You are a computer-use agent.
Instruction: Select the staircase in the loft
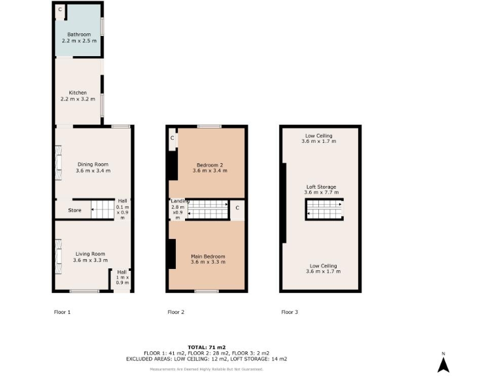(x=325, y=210)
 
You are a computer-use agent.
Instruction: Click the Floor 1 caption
(x=61, y=312)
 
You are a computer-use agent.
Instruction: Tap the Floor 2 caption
(x=176, y=312)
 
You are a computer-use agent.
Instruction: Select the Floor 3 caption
(x=290, y=312)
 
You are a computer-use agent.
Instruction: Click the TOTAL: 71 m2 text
(x=206, y=346)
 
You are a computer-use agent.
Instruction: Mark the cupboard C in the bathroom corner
(x=59, y=10)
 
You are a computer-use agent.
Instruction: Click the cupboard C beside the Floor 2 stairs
(x=237, y=208)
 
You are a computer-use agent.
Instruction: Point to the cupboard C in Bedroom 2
(x=172, y=138)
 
